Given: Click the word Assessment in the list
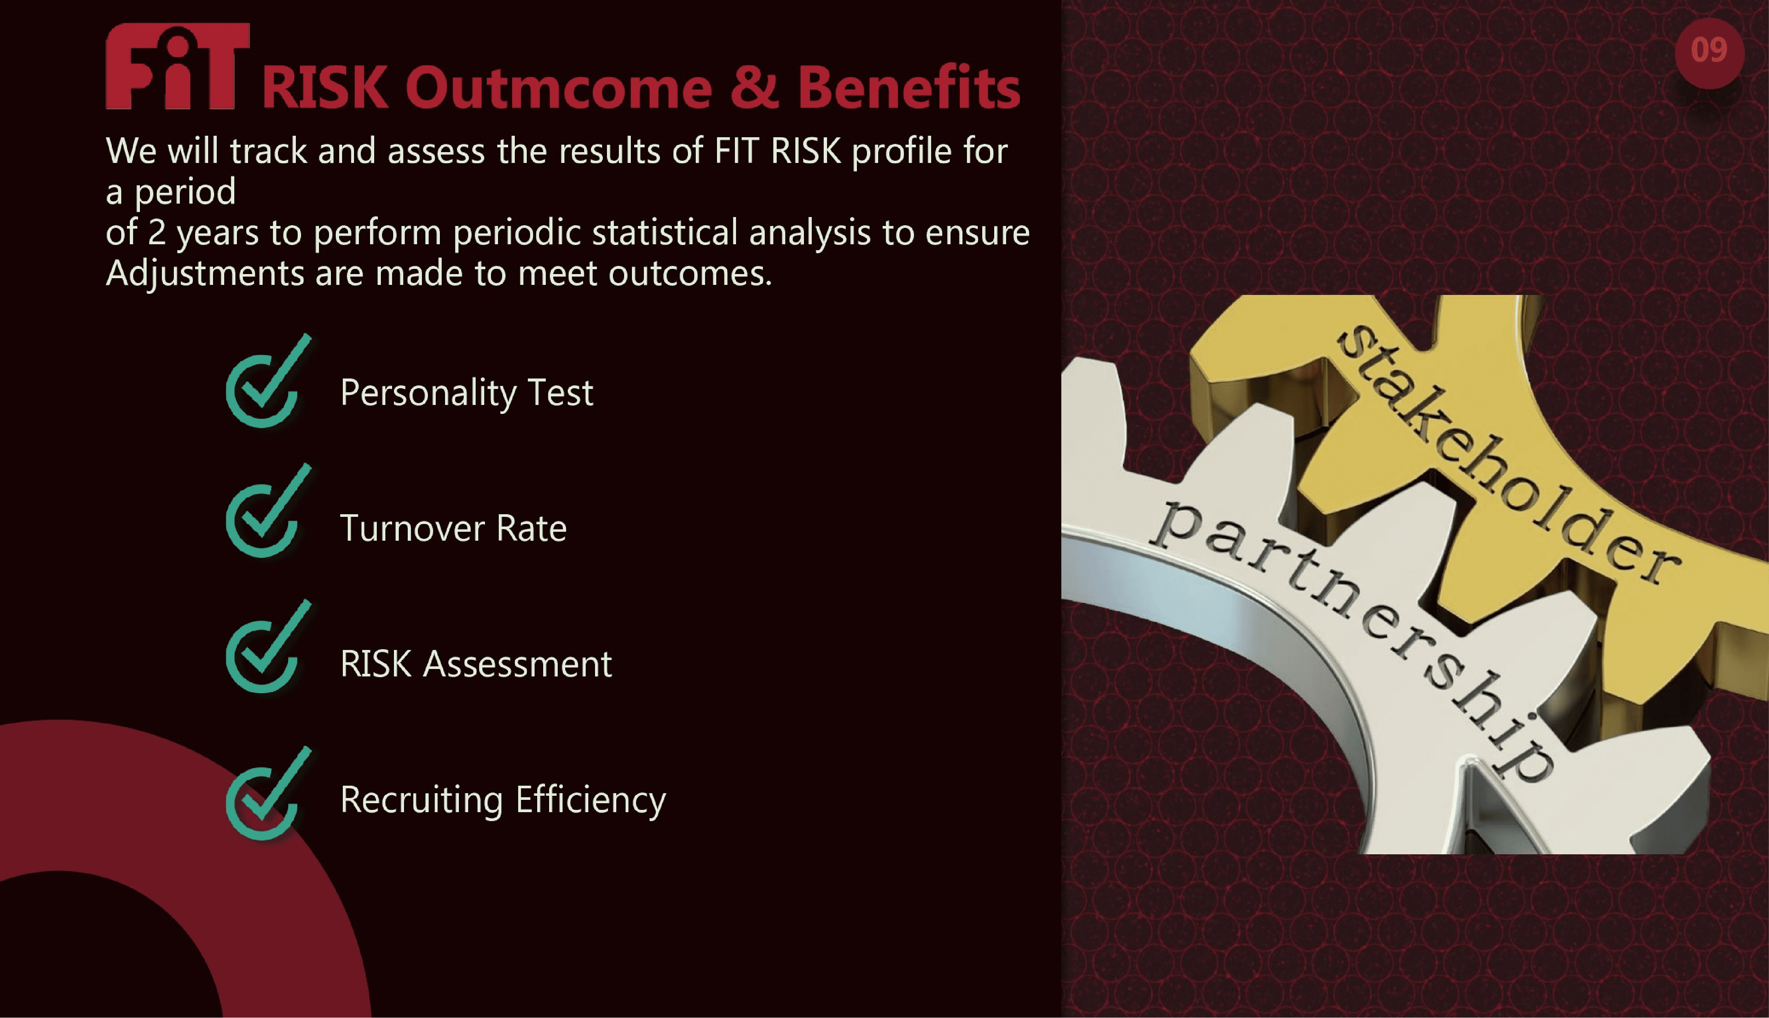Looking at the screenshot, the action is [518, 664].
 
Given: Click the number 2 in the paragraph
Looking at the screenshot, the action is [157, 233].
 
